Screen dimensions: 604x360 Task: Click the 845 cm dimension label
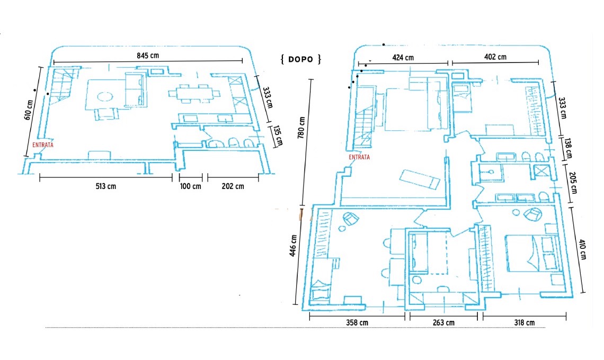[148, 56]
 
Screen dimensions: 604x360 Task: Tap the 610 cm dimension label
[28, 110]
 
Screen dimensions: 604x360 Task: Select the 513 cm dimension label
[106, 186]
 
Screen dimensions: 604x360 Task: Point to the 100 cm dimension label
[191, 186]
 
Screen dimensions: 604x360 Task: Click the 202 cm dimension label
[233, 186]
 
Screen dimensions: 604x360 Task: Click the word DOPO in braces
[300, 59]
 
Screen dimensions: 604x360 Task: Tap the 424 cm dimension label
[403, 58]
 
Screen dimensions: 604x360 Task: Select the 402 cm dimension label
[495, 57]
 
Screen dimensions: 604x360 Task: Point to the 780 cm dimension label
[301, 128]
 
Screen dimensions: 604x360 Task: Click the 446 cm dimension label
[292, 246]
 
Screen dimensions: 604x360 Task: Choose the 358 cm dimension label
[357, 322]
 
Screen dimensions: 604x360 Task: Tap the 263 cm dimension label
[444, 322]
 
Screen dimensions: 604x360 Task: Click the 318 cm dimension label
[525, 322]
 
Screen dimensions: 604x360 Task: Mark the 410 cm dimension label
[582, 249]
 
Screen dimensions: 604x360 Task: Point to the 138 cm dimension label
[568, 149]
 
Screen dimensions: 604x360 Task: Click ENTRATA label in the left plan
[43, 145]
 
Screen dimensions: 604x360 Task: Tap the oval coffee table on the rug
[105, 96]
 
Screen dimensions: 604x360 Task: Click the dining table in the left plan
[194, 94]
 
